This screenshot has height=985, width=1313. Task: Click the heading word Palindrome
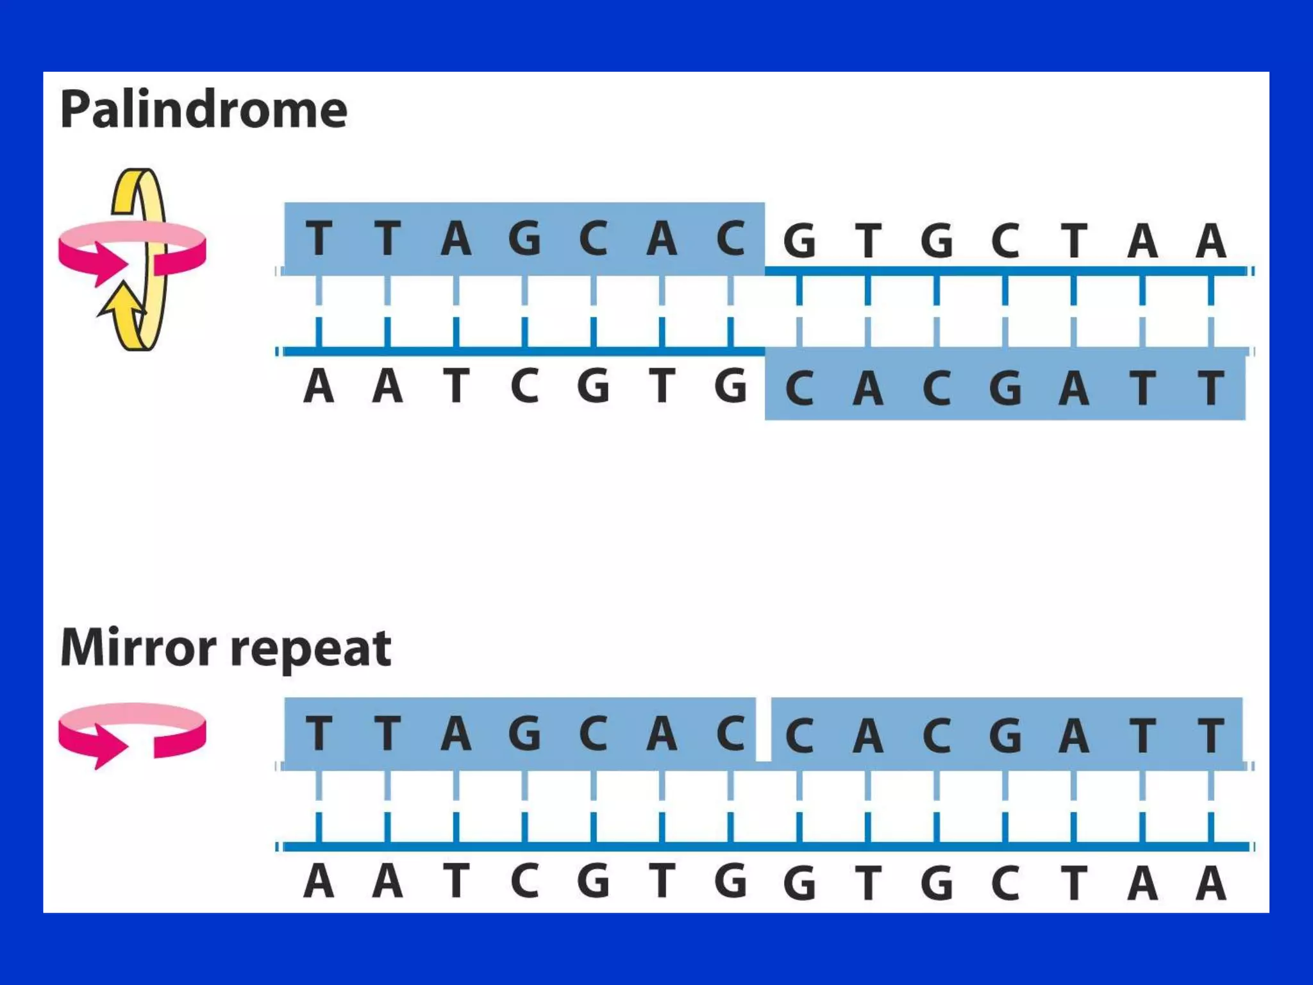(204, 110)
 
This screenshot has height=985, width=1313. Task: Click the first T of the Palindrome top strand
(319, 238)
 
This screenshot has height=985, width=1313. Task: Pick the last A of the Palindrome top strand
(1210, 241)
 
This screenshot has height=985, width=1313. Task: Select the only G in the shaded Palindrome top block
(524, 238)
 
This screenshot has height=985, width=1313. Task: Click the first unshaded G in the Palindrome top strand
(799, 241)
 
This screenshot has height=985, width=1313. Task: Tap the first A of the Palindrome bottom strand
(319, 387)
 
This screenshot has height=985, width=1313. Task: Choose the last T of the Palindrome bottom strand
(1210, 388)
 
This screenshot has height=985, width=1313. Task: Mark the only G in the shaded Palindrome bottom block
(1005, 388)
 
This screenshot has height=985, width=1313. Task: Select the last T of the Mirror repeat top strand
(1210, 736)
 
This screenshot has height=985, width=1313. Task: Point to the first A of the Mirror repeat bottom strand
(319, 882)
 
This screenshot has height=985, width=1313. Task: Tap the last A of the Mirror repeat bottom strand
(1210, 884)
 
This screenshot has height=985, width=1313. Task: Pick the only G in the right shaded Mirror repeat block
(1005, 736)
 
